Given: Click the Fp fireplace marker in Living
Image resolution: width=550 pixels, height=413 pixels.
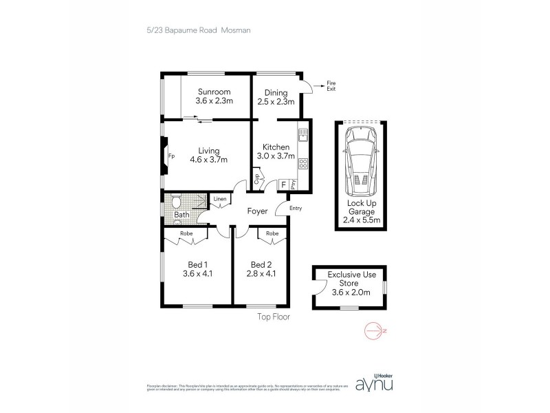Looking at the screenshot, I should (171, 156).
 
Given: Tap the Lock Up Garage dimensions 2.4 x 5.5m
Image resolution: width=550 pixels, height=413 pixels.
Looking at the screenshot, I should (361, 221).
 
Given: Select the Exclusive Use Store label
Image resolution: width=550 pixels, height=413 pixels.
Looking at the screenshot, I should (350, 283).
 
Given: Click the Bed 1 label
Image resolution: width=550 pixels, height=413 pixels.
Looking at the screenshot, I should (198, 268).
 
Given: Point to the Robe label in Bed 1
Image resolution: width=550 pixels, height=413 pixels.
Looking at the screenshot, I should (186, 234).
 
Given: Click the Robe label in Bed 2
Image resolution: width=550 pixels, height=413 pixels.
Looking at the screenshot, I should (272, 234).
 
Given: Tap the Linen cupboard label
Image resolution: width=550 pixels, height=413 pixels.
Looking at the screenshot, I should (219, 200).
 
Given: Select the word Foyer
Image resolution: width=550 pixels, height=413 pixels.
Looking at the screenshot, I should (257, 211).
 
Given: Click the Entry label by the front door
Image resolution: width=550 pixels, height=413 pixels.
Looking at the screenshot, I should (296, 209).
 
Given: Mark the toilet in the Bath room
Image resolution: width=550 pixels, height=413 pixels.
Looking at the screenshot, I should (177, 202).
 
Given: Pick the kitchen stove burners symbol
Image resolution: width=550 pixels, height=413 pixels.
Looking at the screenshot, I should (302, 165).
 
